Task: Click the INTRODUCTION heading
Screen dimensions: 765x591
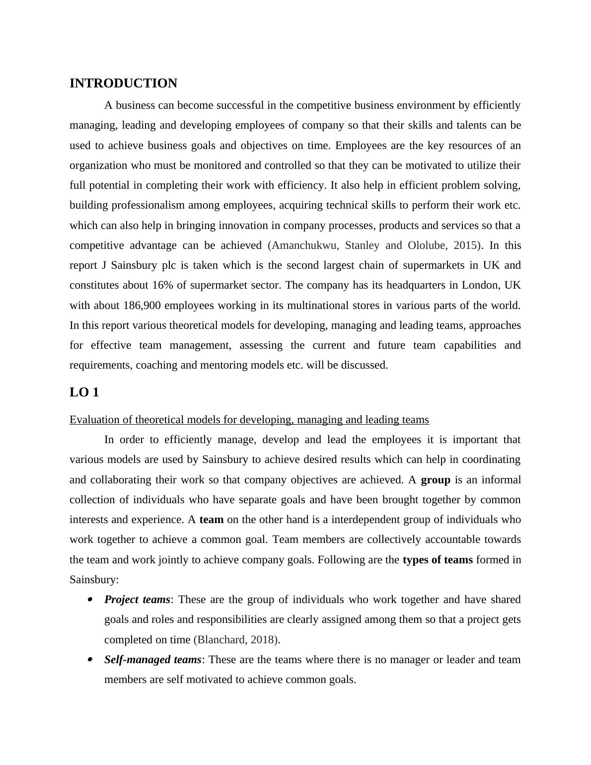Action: pos(123,83)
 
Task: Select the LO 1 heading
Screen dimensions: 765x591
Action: pos(84,392)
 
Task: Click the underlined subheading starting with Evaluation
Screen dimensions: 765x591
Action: pos(249,420)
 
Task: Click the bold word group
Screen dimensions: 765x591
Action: pos(435,480)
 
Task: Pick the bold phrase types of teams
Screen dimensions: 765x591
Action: pos(438,560)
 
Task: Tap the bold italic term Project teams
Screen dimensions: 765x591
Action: pos(137,600)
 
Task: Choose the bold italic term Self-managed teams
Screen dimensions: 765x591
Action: pos(152,660)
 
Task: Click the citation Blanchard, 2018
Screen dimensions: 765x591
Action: pos(236,640)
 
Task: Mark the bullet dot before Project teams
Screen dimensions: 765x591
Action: pos(90,600)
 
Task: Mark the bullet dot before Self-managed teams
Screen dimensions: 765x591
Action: pos(90,660)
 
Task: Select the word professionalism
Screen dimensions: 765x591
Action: pos(148,205)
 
